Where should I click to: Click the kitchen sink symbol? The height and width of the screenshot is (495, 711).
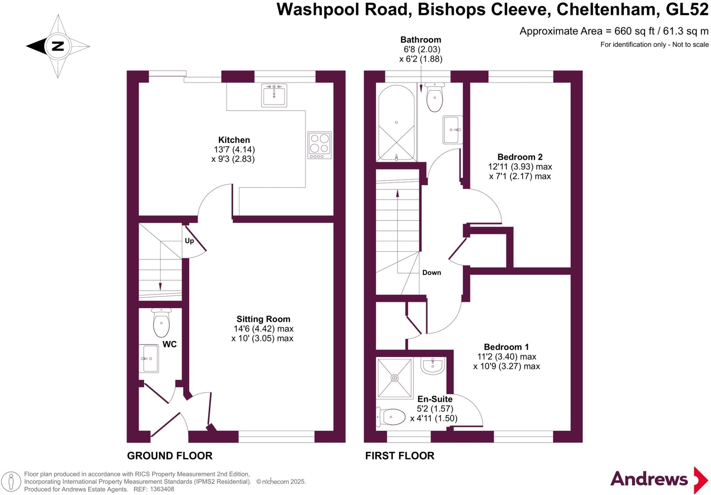click(274, 95)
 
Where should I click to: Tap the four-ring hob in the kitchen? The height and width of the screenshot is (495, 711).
click(319, 145)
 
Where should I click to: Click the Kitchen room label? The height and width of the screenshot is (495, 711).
click(234, 140)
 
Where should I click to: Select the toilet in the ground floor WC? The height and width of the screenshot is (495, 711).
click(161, 324)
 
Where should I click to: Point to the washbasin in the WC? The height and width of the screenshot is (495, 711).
click(149, 359)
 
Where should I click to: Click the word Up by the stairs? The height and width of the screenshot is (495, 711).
click(189, 241)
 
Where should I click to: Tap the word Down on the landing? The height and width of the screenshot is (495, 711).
click(432, 272)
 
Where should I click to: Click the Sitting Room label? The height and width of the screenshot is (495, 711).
click(263, 319)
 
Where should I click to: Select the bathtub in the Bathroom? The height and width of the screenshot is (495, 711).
click(396, 123)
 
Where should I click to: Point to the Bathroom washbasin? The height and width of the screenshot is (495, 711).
click(453, 130)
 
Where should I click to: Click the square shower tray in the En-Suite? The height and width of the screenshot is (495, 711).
click(395, 378)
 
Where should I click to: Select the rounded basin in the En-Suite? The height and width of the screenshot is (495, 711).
click(433, 366)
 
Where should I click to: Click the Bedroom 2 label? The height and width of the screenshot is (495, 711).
click(520, 157)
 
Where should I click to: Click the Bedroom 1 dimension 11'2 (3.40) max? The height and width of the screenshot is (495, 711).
click(507, 356)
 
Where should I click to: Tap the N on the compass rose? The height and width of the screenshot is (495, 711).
click(58, 46)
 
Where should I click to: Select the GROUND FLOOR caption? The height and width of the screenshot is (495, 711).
click(169, 456)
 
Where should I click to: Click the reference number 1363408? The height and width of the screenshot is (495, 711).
click(162, 489)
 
